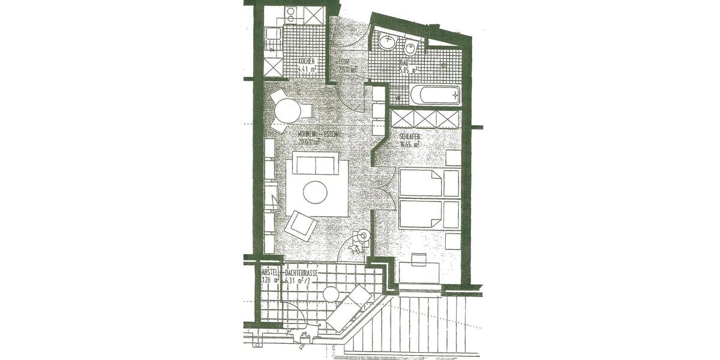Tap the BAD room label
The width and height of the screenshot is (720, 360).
tap(405, 62)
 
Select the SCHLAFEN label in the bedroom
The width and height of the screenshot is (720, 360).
tap(409, 137)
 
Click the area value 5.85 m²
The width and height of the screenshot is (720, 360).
tap(409, 70)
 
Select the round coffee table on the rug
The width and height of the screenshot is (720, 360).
tap(316, 193)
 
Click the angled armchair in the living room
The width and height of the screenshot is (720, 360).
tap(301, 225)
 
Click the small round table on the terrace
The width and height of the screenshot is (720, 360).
tap(331, 294)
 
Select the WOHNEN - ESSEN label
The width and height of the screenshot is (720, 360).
tap(318, 135)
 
